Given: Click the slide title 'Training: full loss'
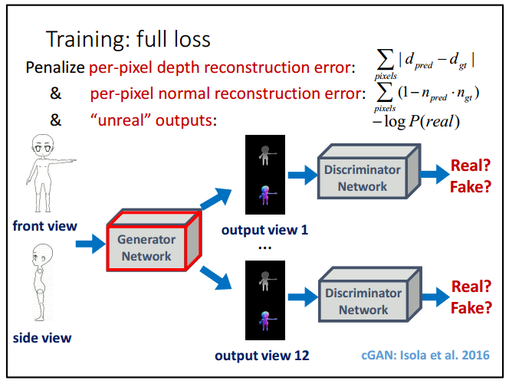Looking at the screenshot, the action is (128, 39).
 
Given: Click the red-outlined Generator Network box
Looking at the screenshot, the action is (154, 241).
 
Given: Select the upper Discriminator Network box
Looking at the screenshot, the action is (369, 172).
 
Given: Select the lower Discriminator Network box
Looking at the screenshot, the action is (370, 294).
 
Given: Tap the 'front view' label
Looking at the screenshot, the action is (44, 226).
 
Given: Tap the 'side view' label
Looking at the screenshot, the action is (42, 338).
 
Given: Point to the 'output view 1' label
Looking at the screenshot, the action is (264, 230).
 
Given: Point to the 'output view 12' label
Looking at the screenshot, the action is (262, 356).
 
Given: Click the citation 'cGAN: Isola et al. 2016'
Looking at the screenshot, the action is (425, 355).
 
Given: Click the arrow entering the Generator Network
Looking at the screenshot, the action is (90, 244).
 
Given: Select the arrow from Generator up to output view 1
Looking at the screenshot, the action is (216, 198).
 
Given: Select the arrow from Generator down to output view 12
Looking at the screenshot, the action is (216, 277).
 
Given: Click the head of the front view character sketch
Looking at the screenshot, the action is (43, 146).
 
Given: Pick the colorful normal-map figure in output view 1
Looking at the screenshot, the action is (267, 195).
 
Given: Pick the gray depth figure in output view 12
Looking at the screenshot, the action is (267, 281).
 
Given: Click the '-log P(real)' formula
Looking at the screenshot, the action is (416, 122).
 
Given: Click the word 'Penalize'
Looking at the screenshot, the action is (55, 67).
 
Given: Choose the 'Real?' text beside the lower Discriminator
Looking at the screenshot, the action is (471, 287).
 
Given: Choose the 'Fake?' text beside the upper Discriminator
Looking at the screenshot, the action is (471, 187).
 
